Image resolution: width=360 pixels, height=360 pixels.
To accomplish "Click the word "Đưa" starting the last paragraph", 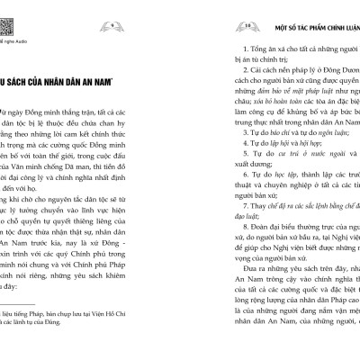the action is tap(238, 292).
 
